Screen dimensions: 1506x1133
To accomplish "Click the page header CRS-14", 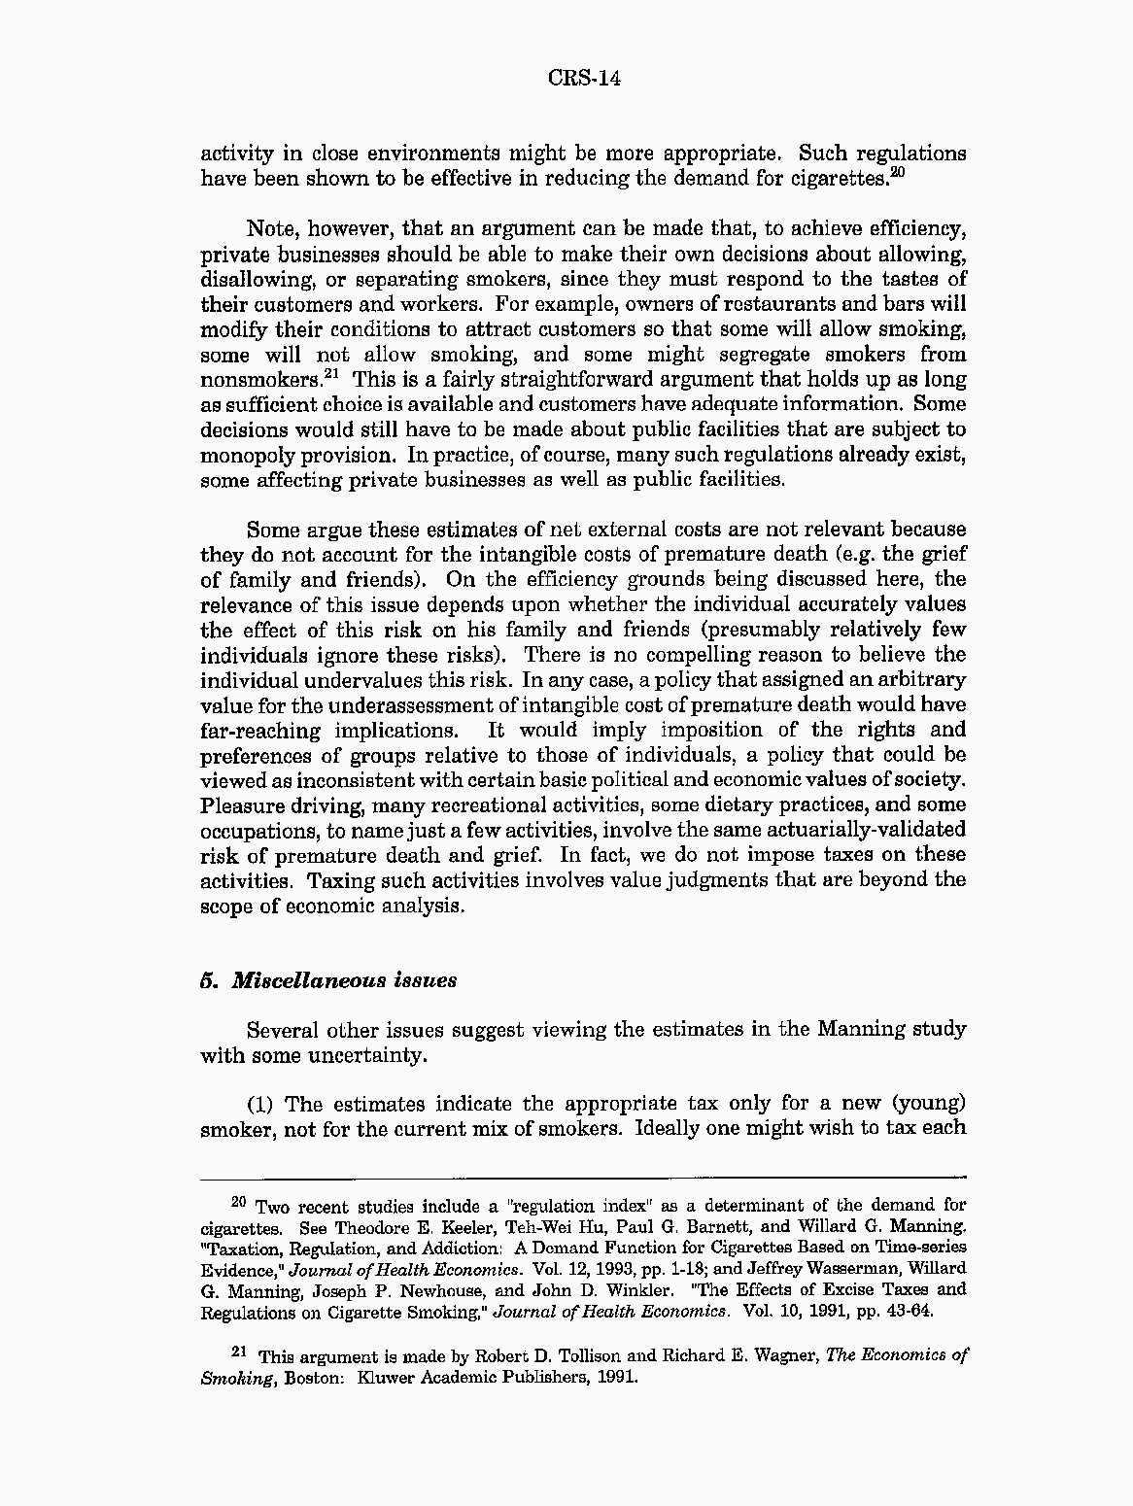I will coord(583,78).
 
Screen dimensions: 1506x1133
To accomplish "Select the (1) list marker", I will coord(261,1104).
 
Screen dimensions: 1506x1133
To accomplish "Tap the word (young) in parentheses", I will coord(928,1104).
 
